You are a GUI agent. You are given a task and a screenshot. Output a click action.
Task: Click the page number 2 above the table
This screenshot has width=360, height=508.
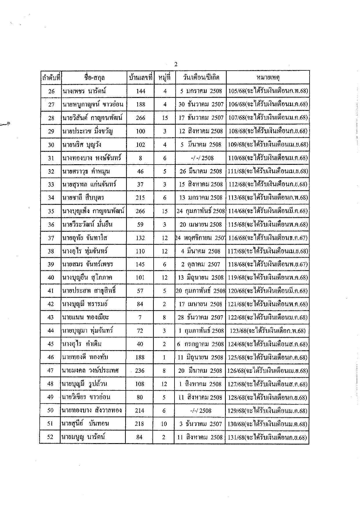tap(176, 64)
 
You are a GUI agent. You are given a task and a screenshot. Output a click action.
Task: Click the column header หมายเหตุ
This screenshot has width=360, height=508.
tap(268, 78)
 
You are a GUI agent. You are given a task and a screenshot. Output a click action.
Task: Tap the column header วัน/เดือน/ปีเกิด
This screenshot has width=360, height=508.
tap(201, 77)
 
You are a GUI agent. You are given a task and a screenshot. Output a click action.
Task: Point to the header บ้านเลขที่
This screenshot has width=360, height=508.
tap(141, 78)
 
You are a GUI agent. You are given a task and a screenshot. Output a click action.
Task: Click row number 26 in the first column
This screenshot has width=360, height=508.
tap(51, 91)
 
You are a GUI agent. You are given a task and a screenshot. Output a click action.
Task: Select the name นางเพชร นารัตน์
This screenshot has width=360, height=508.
tap(84, 91)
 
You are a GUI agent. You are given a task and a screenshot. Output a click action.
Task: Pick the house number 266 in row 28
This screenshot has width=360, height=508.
tap(141, 118)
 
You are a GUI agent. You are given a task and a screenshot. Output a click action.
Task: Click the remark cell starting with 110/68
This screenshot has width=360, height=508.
tap(268, 158)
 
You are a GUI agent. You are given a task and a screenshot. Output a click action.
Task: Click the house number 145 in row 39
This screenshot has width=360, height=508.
tap(140, 264)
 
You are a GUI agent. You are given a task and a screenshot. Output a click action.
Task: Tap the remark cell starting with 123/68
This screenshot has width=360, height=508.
tap(268, 330)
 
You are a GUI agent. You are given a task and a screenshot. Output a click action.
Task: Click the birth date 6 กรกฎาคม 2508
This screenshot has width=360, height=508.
tap(201, 344)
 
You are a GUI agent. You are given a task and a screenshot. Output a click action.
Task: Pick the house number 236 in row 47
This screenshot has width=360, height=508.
tap(140, 371)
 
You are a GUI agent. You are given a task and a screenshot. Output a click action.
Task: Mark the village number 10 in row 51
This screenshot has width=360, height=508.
tap(164, 424)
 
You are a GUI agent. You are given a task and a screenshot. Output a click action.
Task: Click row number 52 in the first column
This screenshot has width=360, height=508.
tap(50, 437)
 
